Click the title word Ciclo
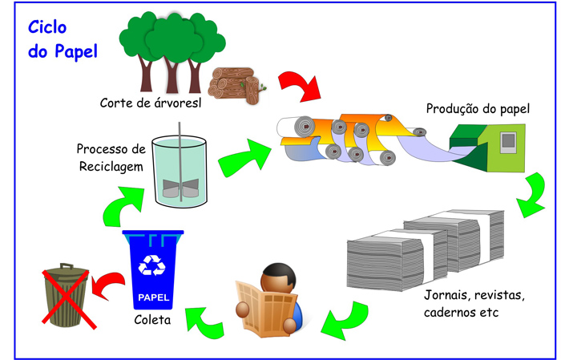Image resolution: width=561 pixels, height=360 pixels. pos(48,26)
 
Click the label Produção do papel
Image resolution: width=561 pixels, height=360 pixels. pos(478,108)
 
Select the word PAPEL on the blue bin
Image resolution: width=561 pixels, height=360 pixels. pos(154,298)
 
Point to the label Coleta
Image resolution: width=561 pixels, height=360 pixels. pos(151,323)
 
